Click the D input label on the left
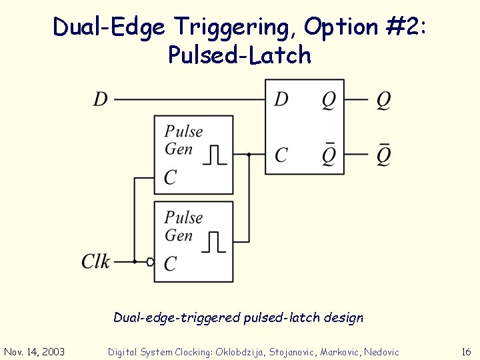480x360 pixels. click(101, 100)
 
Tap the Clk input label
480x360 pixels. click(96, 261)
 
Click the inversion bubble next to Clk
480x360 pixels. click(151, 262)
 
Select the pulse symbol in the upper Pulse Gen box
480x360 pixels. click(214, 155)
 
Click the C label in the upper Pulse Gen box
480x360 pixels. click(171, 178)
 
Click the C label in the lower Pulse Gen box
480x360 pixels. click(171, 264)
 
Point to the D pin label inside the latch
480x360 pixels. click(281, 100)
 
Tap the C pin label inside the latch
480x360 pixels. click(281, 155)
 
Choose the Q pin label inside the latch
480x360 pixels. click(329, 100)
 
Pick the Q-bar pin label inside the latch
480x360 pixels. click(329, 155)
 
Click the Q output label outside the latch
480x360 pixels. click(383, 100)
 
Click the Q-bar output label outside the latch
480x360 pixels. click(383, 155)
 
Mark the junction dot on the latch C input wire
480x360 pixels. click(249, 155)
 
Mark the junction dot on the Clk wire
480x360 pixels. click(135, 262)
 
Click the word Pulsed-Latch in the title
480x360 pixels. click(239, 55)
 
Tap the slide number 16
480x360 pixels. click(466, 351)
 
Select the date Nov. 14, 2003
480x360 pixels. click(34, 351)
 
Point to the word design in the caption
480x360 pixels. click(345, 317)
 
